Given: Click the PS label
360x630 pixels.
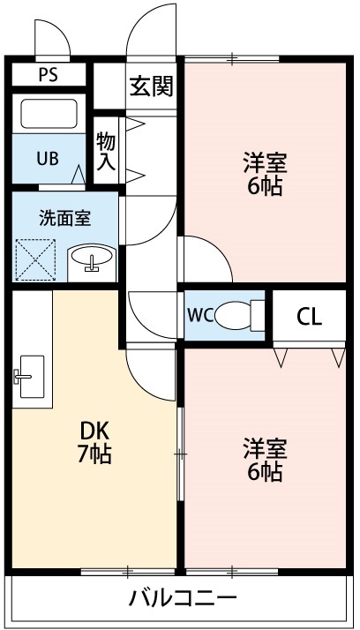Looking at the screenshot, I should (x=49, y=74).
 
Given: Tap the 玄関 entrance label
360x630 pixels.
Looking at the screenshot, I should (x=152, y=86).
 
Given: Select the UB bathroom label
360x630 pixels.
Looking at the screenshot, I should (x=48, y=159).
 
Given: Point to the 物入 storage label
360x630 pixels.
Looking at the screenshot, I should (x=107, y=151).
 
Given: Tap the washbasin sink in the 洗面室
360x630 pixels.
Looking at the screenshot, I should (x=91, y=259).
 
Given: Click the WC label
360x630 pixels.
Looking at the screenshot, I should (x=199, y=315).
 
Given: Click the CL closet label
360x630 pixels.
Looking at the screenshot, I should (x=308, y=316).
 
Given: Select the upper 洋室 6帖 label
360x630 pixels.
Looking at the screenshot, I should (x=265, y=175).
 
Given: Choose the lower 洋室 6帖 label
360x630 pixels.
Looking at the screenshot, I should (x=265, y=459).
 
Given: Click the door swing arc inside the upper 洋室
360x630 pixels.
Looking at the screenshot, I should (x=205, y=258).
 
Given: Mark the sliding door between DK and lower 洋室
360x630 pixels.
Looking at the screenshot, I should (x=180, y=454).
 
